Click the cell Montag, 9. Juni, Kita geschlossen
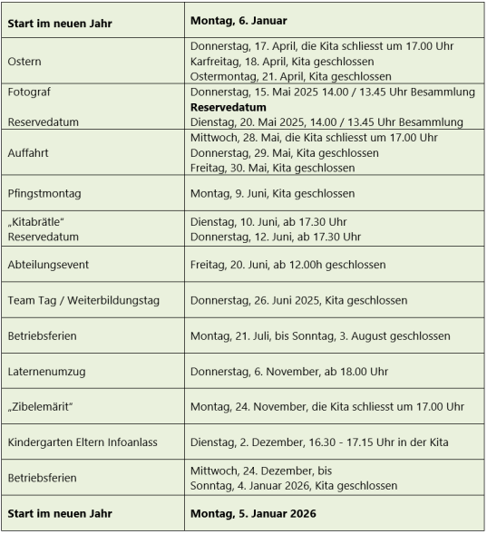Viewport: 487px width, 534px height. (272, 193)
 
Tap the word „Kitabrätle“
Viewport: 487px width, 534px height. (35, 222)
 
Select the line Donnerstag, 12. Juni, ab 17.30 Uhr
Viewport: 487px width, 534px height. (276, 237)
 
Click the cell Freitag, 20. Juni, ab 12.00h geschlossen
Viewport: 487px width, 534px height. (287, 265)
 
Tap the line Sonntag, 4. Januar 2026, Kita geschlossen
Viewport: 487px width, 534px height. (293, 485)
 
